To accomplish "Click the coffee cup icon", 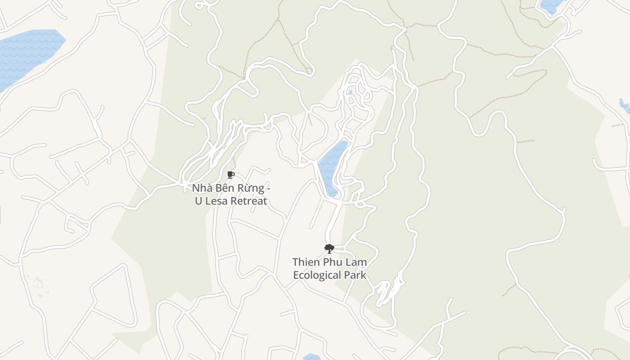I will coord(231,175).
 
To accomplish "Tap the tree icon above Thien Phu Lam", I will coord(329,248).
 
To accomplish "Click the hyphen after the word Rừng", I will coord(268,188).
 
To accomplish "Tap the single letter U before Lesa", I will coord(198,201).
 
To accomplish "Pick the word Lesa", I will coord(216,201).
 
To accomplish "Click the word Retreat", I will coord(249,201).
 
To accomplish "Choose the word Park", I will coord(355,275).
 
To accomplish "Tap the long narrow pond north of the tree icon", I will coord(332,166).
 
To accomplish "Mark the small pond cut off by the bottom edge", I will coord(310,357).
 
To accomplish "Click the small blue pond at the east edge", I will coord(624,106).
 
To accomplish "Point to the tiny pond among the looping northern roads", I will coord(351,92).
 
